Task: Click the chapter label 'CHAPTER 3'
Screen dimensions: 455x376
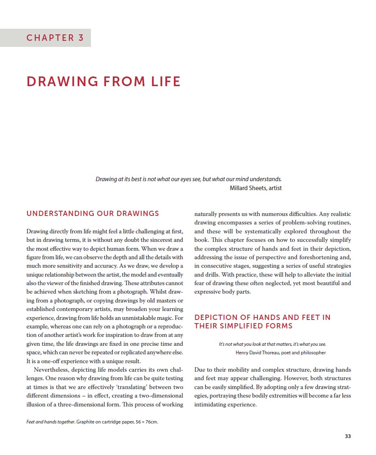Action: (x=55, y=38)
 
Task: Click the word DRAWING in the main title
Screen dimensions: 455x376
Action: (x=61, y=81)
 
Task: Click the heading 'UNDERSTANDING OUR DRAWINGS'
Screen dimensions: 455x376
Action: (x=93, y=214)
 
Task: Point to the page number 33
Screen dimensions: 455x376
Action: (x=348, y=436)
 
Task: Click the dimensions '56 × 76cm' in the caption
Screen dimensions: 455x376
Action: (x=144, y=422)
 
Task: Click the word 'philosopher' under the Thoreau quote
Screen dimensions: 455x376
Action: (x=312, y=352)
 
